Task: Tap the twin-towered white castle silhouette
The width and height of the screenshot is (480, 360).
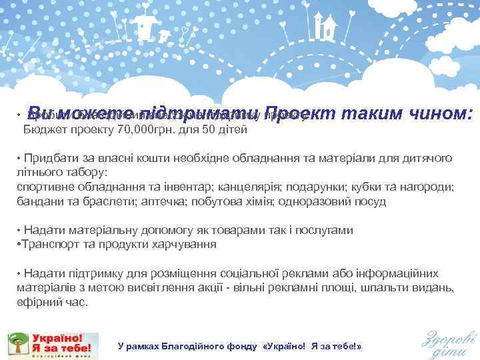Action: (x=325, y=27)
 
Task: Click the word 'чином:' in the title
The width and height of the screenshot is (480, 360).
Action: (x=438, y=114)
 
